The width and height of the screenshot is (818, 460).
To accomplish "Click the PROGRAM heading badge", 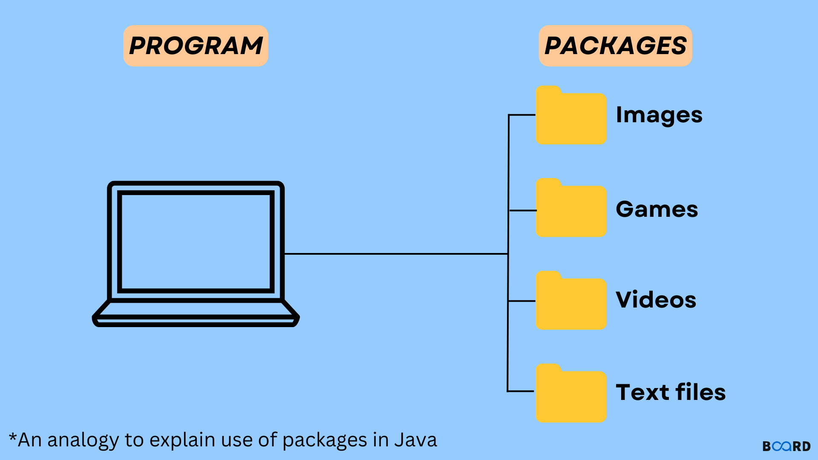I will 196,46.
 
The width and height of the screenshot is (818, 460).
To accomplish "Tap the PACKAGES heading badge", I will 615,46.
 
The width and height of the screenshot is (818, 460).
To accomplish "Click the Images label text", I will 659,115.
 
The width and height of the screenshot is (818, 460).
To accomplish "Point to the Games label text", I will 657,209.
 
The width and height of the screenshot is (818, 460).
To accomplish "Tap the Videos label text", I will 656,299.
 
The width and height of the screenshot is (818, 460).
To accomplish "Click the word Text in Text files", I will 642,392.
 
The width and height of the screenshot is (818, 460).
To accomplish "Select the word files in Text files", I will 700,392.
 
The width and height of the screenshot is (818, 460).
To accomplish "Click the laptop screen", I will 196,241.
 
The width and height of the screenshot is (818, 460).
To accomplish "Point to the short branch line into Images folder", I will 522,115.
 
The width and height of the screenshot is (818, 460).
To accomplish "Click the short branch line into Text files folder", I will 521,391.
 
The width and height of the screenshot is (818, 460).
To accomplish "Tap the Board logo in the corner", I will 786,446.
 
